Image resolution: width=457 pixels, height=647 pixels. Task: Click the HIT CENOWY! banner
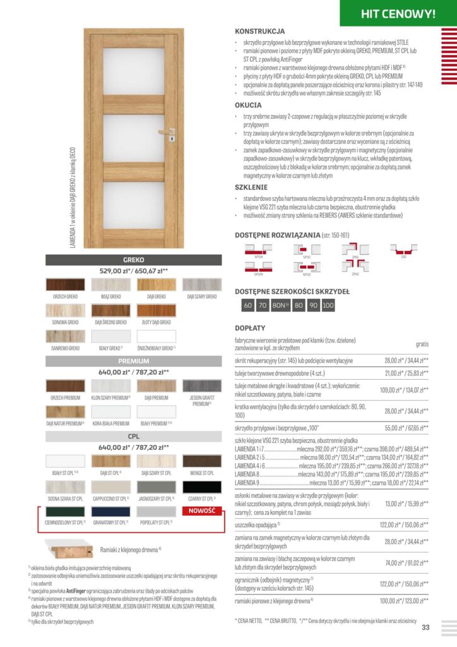398,13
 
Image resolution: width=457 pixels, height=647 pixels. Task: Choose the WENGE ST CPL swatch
202,461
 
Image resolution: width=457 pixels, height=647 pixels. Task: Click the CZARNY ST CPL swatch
202,487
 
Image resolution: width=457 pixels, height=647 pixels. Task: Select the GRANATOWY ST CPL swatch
111,512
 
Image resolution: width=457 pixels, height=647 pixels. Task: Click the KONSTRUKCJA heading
259,31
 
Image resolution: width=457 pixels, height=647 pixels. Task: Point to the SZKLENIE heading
251,187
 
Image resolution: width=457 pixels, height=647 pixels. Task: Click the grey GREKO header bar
134,260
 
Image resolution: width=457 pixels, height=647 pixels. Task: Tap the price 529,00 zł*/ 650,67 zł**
134,270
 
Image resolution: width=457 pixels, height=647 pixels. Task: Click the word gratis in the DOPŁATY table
422,344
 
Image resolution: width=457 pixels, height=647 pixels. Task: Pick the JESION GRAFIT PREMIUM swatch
202,385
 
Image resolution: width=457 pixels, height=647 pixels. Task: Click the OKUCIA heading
248,105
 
